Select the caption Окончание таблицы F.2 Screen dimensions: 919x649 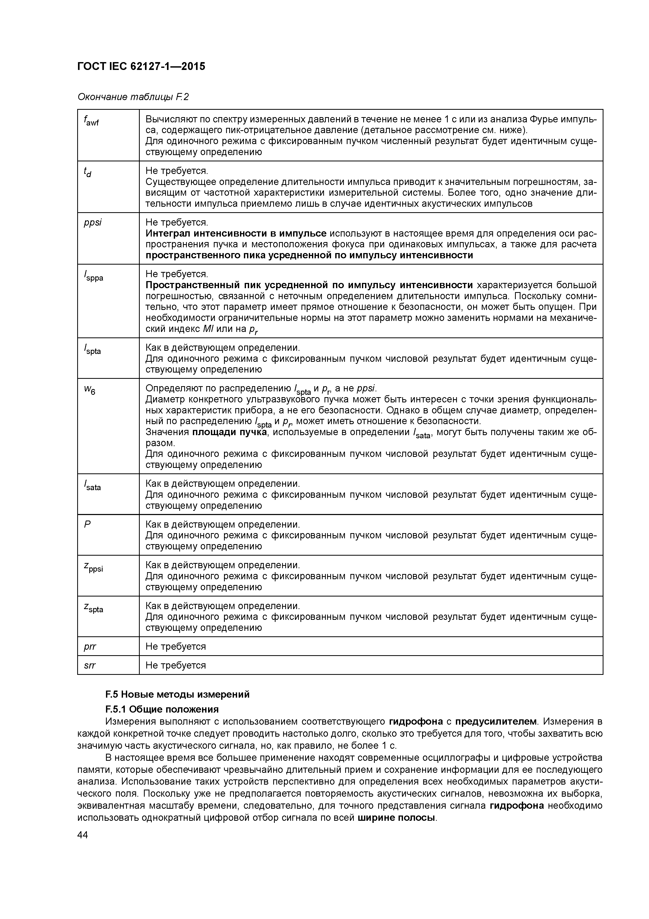click(133, 97)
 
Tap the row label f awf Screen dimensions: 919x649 click(91, 121)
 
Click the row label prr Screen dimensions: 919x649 click(90, 647)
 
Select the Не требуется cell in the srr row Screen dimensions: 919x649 click(176, 665)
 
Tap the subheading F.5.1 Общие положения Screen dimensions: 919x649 click(162, 709)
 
